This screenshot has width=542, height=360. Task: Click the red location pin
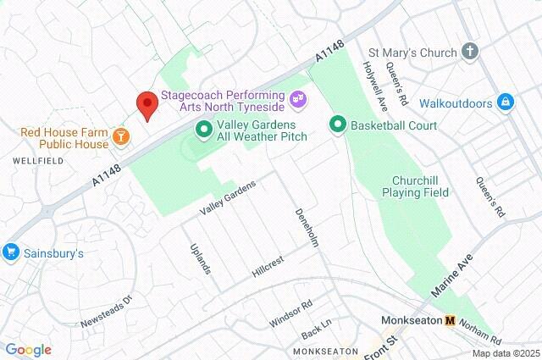[x=147, y=106]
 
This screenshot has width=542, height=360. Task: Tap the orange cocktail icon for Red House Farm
[x=122, y=135]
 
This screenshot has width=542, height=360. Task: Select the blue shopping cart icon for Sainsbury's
[x=11, y=252]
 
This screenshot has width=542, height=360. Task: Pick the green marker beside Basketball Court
[x=337, y=126]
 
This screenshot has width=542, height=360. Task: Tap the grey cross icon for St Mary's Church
[x=471, y=53]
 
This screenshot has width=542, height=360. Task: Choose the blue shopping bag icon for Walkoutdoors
[x=506, y=102]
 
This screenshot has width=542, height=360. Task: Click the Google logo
[x=28, y=350]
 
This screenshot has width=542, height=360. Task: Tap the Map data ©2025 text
[x=505, y=353]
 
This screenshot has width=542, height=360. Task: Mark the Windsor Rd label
[x=290, y=313]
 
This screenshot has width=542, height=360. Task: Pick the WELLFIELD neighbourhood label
[x=32, y=159]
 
